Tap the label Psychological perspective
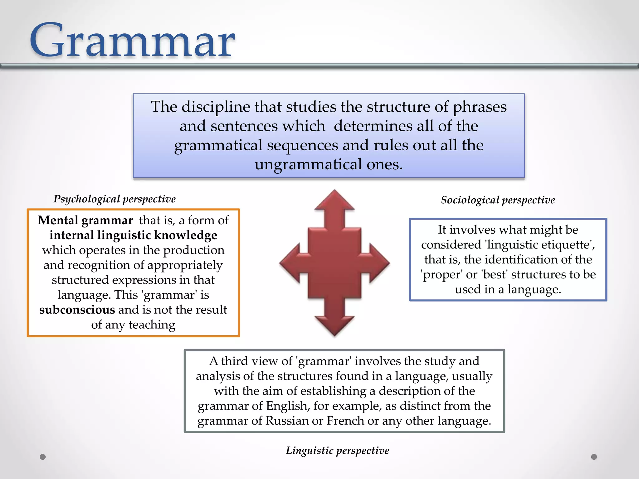click(x=115, y=199)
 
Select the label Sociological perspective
click(x=498, y=200)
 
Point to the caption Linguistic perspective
click(x=338, y=450)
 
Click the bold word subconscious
click(x=77, y=310)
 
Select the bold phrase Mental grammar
click(x=85, y=220)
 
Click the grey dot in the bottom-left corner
click(x=43, y=457)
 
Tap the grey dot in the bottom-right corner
click(x=594, y=457)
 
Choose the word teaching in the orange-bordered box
click(x=152, y=325)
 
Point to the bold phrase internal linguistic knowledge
click(x=133, y=235)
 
